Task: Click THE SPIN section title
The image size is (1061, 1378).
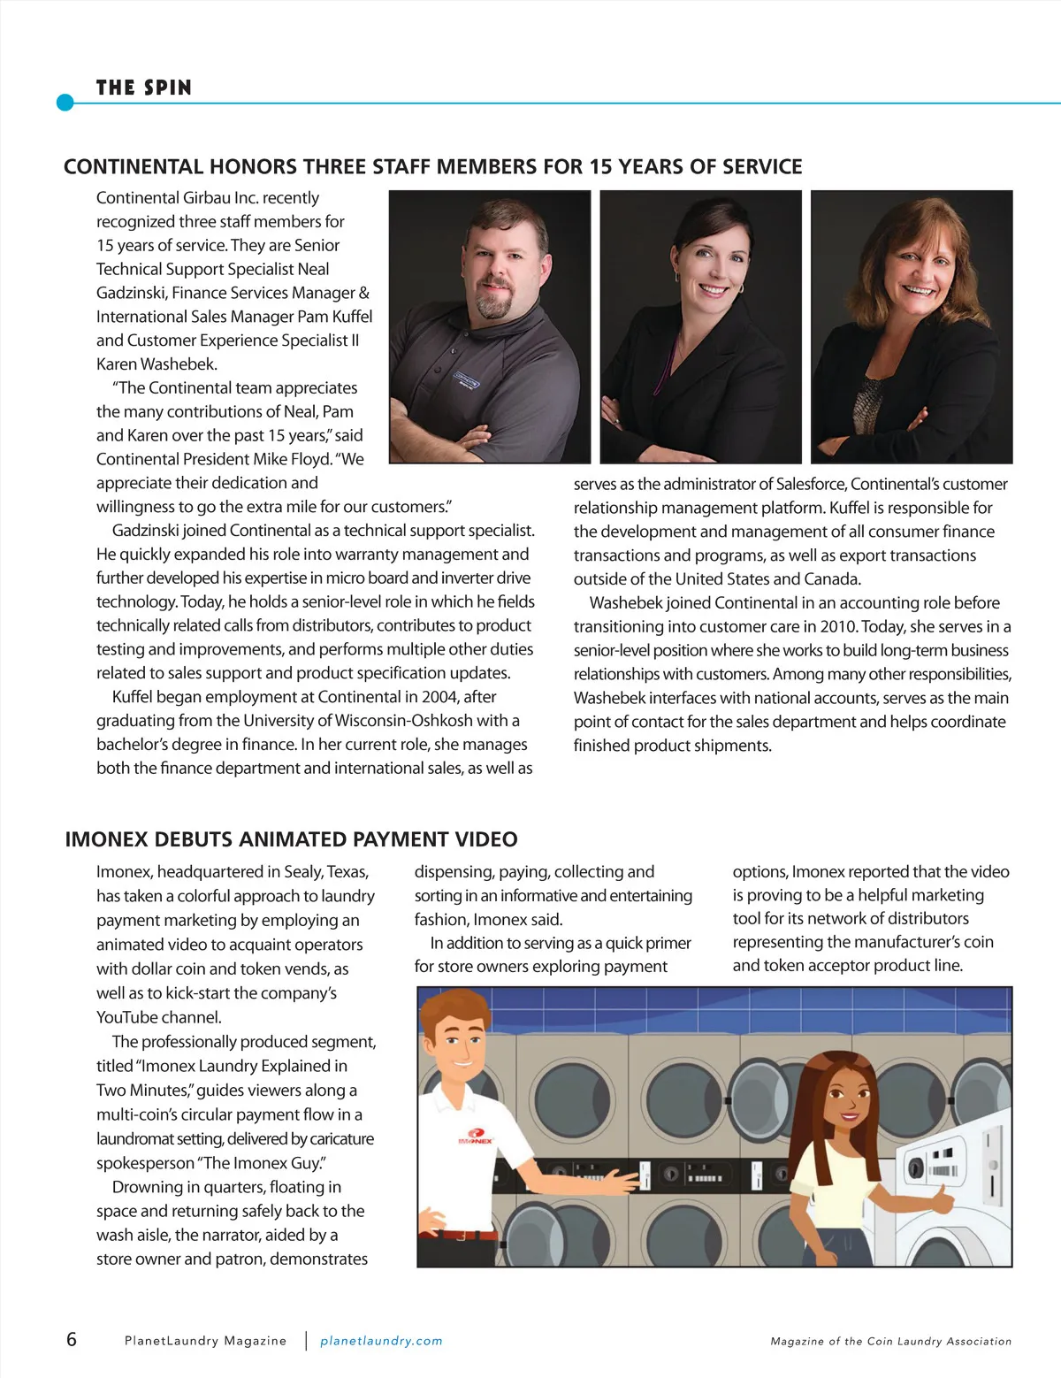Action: [143, 88]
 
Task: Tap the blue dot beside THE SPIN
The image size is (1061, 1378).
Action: [65, 103]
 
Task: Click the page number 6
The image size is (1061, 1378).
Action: [72, 1339]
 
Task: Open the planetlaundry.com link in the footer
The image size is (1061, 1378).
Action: [381, 1341]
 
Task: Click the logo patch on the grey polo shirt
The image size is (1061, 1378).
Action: [467, 381]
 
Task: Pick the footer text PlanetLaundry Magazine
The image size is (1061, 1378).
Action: [205, 1341]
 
